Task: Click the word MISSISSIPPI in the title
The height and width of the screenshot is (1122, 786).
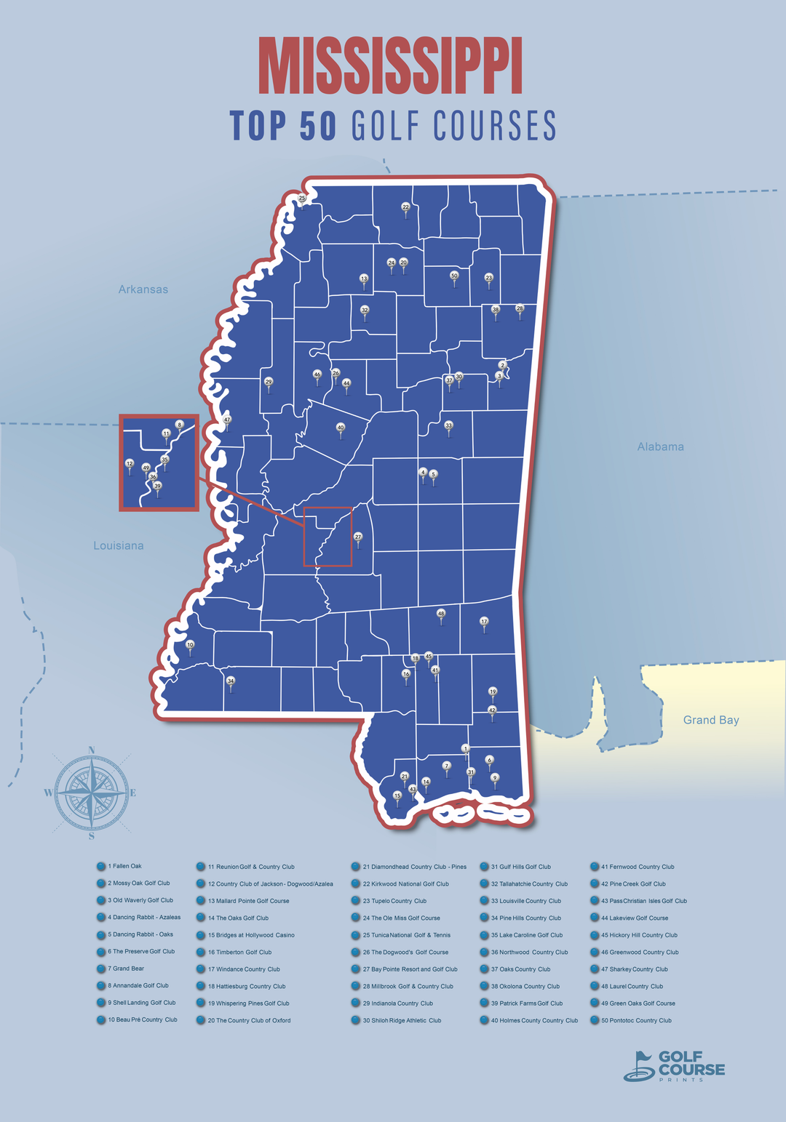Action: (x=391, y=67)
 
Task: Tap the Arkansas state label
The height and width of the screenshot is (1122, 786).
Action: (x=143, y=289)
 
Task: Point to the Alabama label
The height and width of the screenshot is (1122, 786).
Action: (x=660, y=446)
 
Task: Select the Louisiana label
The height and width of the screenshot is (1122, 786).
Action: (x=119, y=545)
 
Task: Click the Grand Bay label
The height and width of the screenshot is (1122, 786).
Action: (x=711, y=720)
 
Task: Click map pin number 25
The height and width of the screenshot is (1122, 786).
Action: (x=302, y=199)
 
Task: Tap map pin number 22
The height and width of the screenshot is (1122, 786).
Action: (x=406, y=207)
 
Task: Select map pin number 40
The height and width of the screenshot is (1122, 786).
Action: (x=341, y=428)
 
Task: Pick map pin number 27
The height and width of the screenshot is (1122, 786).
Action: (x=358, y=537)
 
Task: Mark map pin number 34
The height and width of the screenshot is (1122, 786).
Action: (x=231, y=681)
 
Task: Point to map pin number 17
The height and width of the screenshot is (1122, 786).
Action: (x=484, y=622)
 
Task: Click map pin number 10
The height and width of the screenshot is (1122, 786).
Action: (x=191, y=645)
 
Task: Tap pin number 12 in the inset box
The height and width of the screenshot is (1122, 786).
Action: (x=130, y=464)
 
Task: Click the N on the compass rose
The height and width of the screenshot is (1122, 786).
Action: (x=92, y=750)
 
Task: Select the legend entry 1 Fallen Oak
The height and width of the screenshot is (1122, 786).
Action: (x=124, y=866)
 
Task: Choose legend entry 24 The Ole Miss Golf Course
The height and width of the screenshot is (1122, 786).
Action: (x=401, y=918)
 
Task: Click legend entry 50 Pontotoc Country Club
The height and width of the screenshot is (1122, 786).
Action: (x=636, y=1020)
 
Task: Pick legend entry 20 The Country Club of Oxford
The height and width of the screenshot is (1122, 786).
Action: (x=249, y=1020)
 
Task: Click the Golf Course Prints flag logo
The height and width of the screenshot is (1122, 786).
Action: (x=640, y=1066)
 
